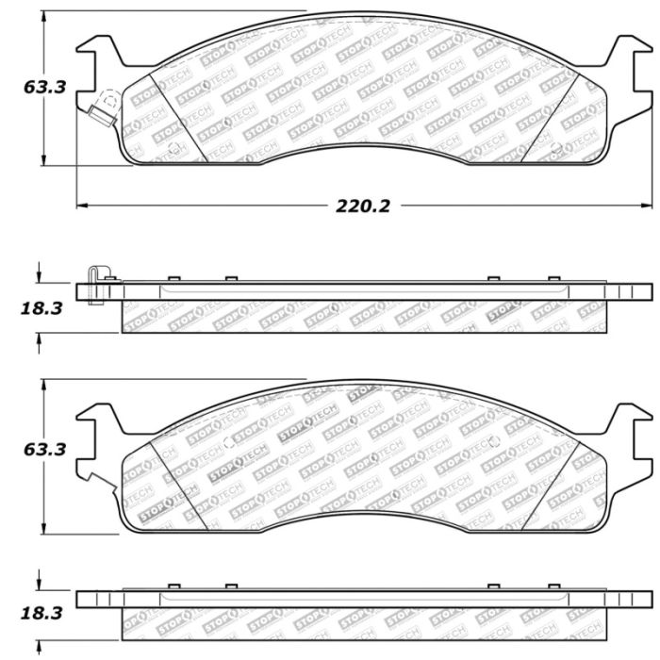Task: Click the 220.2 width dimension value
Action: pos(363,206)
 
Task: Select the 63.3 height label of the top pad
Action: pos(44,88)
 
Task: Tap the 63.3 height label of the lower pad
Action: pos(44,450)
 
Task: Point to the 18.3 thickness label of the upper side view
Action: pos(41,308)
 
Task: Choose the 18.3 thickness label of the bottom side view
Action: pos(41,613)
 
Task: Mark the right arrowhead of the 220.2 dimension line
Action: pos(647,206)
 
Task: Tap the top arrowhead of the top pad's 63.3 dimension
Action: pos(43,16)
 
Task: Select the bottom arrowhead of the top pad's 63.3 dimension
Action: pos(43,160)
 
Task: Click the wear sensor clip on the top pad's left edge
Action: pos(102,115)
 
